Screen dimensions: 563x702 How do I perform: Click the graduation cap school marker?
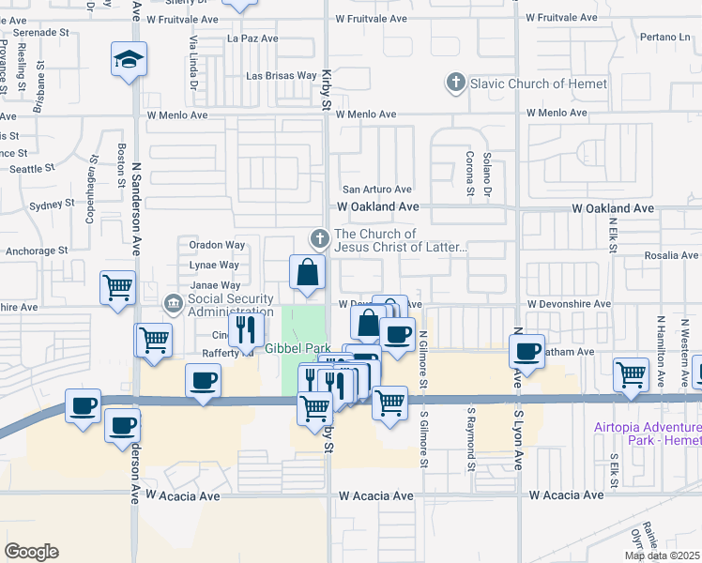coord(126,60)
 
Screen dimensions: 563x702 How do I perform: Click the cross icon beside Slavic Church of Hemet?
coord(455,84)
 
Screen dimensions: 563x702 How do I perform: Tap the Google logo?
coord(31,552)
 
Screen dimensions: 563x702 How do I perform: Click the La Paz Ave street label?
coord(253,39)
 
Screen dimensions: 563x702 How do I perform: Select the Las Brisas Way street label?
coord(282,75)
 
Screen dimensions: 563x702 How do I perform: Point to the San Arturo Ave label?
coord(376,190)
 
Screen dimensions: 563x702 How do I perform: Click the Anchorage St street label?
coord(37,251)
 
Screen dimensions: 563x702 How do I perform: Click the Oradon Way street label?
coord(217,245)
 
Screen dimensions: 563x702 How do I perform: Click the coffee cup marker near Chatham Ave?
coord(528,351)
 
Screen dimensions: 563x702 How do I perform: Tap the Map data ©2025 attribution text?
coord(663,555)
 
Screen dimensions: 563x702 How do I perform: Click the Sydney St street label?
coord(52,205)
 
